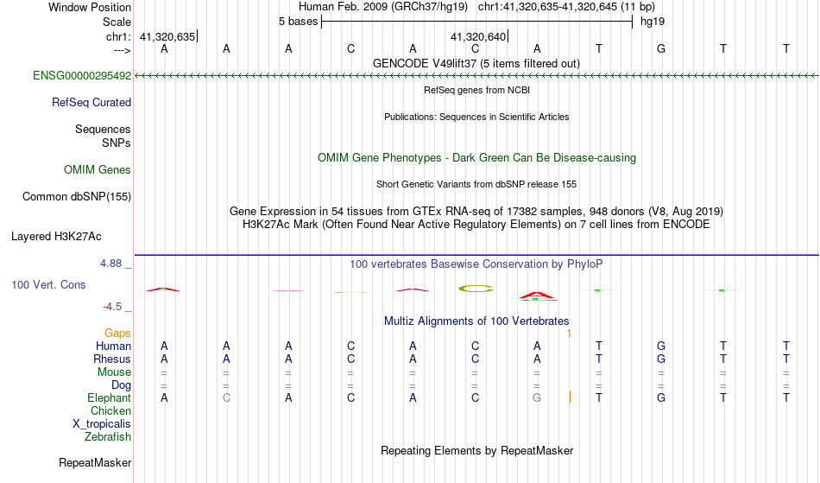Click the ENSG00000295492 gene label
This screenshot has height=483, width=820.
point(82,76)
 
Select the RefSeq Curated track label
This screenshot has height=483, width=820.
point(91,103)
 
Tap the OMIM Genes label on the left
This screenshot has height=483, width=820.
point(98,170)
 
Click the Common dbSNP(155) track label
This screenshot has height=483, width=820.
point(77,197)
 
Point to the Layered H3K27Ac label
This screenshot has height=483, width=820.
point(56,237)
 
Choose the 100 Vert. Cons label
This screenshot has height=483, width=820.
point(48,284)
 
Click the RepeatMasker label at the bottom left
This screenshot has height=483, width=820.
point(95,462)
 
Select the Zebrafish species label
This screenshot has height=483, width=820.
point(108,437)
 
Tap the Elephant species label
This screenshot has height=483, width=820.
point(110,398)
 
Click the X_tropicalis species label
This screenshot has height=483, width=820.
point(102,424)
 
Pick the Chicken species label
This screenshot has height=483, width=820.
point(110,411)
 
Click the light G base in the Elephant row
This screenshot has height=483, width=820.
point(537,398)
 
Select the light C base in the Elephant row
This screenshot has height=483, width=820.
point(226,398)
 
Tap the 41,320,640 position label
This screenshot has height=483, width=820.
point(478,37)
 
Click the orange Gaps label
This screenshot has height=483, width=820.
point(117,334)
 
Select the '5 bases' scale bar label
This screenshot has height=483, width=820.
point(298,22)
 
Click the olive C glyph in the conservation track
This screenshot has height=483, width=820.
point(476,289)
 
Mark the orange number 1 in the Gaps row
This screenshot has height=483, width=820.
point(569,334)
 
